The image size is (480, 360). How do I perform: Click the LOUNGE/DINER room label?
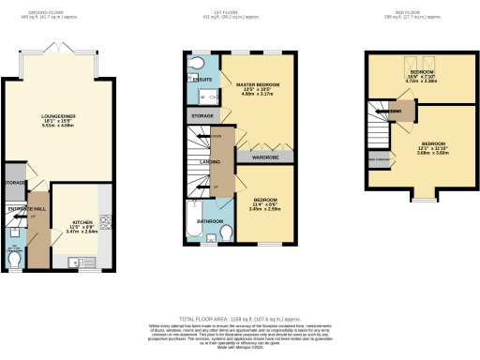(58, 117)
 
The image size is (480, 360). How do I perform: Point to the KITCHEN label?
(82, 223)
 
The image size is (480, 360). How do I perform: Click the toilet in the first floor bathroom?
(227, 232)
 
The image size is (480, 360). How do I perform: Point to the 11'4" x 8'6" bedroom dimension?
(266, 203)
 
